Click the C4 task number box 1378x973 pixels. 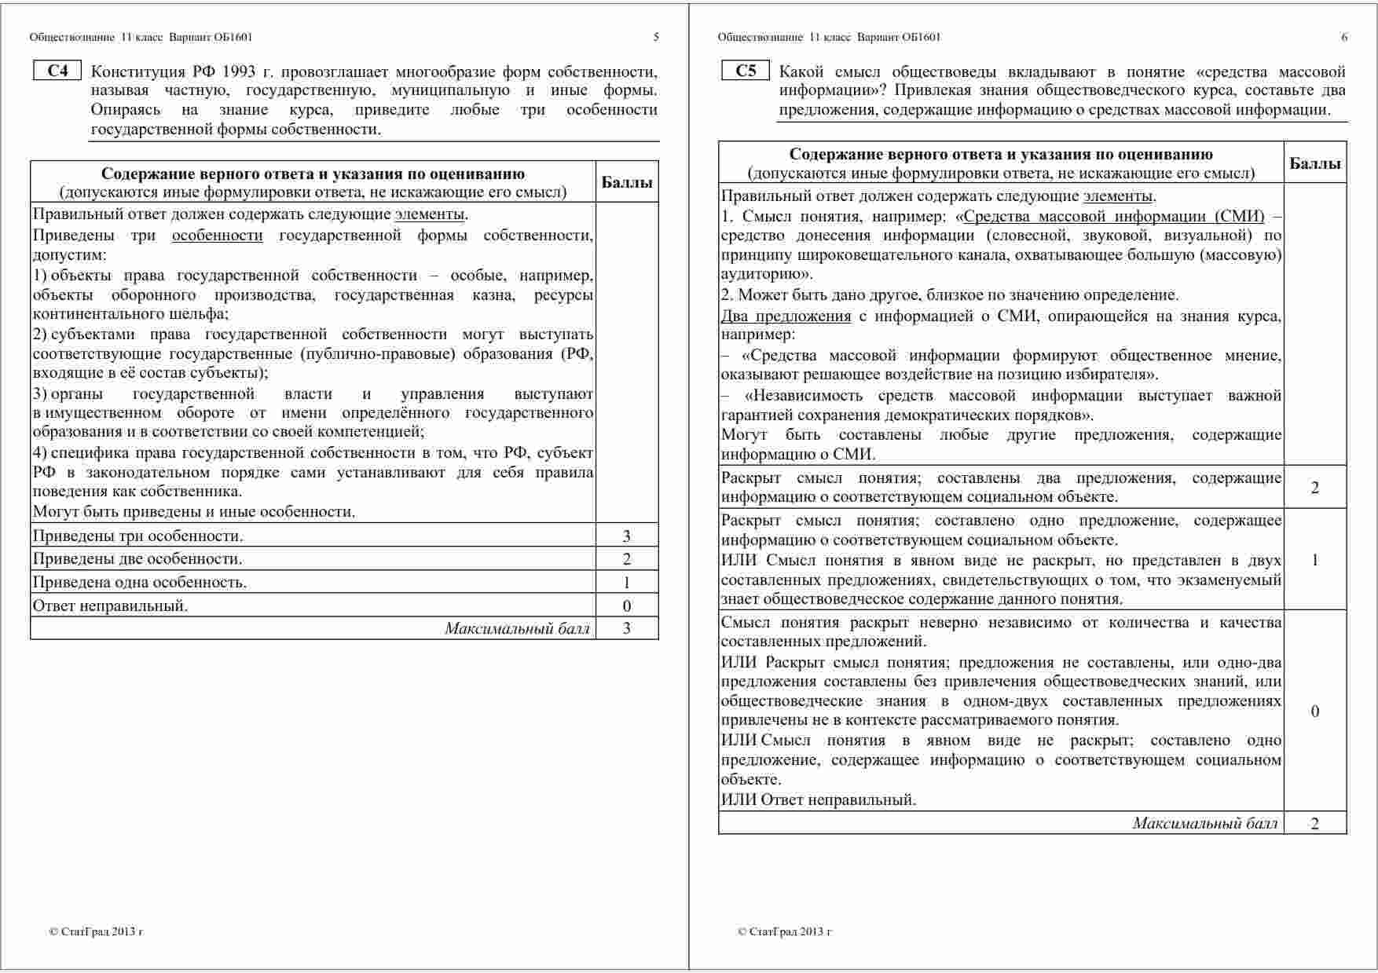click(x=57, y=71)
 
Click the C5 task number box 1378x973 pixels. click(x=746, y=71)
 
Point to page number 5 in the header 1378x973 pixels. click(x=656, y=37)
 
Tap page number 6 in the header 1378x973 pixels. click(x=1344, y=37)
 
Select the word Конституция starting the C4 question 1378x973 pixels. click(x=135, y=71)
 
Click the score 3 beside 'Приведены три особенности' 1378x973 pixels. click(x=626, y=536)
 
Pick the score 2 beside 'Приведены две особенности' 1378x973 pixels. click(x=626, y=559)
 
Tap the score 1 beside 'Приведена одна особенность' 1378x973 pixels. click(x=626, y=583)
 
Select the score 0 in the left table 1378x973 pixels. click(x=626, y=605)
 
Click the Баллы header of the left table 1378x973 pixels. click(x=626, y=183)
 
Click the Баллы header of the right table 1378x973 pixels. click(x=1314, y=163)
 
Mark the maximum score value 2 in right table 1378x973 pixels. click(x=1314, y=823)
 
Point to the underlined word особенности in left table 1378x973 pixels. click(x=217, y=236)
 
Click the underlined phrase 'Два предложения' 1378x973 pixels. click(x=786, y=316)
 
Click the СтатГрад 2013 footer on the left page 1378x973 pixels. click(x=96, y=932)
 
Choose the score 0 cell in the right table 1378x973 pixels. click(x=1314, y=711)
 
